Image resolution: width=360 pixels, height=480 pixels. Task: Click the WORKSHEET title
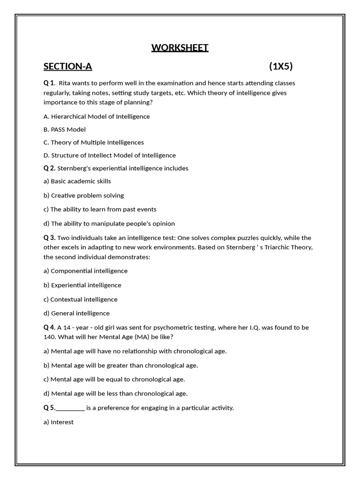tap(180, 48)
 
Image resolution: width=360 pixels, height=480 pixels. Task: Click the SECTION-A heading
tap(67, 67)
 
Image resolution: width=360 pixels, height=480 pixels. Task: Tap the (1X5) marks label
tap(281, 66)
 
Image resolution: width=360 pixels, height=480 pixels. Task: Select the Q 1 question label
tap(49, 83)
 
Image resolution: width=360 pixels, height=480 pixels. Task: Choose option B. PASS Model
tap(65, 129)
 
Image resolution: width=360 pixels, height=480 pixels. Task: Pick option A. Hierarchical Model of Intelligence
tap(97, 116)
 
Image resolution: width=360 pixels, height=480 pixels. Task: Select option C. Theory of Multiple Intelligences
tap(94, 142)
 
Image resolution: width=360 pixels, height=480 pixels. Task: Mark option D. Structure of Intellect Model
tap(110, 155)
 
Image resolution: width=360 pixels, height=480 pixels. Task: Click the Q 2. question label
tap(50, 168)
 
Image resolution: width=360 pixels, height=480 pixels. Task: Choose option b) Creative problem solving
tap(83, 195)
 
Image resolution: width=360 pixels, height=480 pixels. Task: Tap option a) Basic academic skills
tap(77, 181)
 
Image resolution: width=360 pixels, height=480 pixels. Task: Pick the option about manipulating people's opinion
tap(109, 224)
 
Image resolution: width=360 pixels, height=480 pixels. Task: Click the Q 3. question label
tap(50, 238)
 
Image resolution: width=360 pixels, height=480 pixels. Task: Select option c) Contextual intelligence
tap(81, 299)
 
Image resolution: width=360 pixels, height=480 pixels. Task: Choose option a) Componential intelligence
tap(85, 271)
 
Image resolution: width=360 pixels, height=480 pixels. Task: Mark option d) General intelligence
tap(76, 313)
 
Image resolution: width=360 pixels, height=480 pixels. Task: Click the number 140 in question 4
tap(50, 337)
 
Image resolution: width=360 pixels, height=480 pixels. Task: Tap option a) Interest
tap(59, 422)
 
